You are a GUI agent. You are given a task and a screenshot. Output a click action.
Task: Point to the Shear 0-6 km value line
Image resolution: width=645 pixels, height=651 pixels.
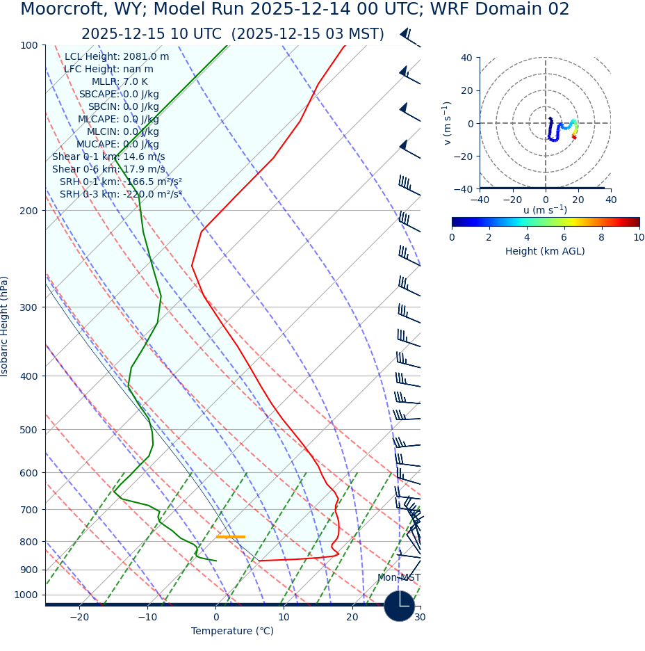pos(108,170)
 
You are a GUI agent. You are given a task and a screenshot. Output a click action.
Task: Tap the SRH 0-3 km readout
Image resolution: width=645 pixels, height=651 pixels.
pos(120,195)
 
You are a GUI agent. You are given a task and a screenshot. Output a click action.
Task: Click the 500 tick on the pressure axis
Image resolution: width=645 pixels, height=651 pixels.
pos(28,430)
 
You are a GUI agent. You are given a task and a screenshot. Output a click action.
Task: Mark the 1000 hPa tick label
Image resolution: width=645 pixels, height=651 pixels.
pos(26,595)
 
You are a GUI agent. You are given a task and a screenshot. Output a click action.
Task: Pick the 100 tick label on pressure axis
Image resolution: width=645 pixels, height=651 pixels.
pos(28,45)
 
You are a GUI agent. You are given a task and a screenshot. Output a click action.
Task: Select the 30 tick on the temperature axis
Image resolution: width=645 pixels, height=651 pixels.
pos(419,618)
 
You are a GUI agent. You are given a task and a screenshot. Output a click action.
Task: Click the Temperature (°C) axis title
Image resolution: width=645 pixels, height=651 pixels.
pos(232,632)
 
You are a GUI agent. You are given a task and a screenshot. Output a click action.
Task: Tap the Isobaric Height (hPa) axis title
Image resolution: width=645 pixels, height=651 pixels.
pos(5,326)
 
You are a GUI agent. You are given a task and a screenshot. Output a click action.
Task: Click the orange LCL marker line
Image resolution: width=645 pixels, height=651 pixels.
pos(230,537)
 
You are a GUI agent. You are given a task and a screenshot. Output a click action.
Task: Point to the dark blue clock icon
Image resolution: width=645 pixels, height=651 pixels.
pos(399,606)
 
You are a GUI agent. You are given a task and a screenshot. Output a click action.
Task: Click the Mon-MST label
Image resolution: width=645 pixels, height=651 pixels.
pos(398,578)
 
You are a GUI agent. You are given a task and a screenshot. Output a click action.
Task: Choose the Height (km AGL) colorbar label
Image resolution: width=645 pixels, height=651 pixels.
pos(545,251)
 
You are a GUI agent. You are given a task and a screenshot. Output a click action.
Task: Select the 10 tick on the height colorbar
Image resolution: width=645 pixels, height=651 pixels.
pos(638,238)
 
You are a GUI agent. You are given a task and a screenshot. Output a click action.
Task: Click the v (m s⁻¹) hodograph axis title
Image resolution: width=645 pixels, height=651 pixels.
pos(448,123)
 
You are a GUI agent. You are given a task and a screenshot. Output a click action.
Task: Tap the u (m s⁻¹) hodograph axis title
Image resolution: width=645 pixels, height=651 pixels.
pos(545,209)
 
